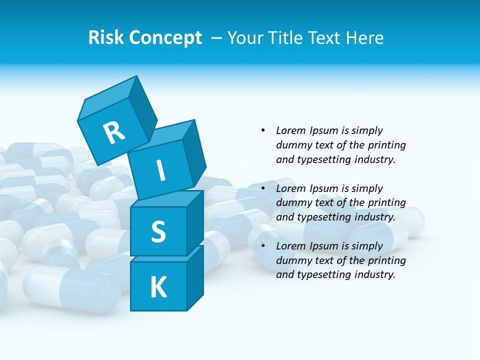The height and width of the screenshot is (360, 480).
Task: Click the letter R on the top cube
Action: coord(114,132)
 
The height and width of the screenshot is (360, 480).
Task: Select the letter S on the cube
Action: coord(158,231)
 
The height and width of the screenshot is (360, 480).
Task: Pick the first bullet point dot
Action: coord(263,130)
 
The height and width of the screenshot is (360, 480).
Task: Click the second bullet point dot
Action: coord(263,188)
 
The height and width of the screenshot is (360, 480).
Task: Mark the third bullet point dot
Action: coord(263,246)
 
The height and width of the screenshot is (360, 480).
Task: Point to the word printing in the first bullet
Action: coord(387,145)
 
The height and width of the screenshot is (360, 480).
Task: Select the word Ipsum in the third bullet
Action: coord(323,246)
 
